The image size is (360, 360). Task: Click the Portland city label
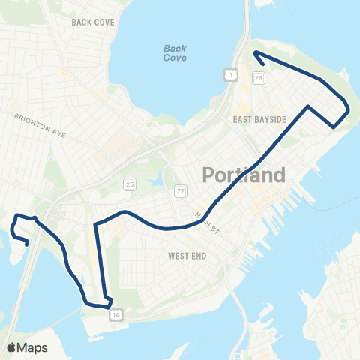[x=244, y=175]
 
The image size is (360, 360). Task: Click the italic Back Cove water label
[x=175, y=52]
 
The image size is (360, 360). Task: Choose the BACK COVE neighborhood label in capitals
[x=93, y=22]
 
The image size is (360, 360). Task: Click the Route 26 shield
[x=259, y=77]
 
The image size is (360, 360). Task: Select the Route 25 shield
[x=130, y=184]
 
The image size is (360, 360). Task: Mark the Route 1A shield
[x=115, y=316]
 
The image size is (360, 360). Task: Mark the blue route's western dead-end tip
[x=28, y=244]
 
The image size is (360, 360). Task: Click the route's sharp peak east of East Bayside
[x=307, y=106]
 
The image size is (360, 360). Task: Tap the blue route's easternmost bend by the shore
[x=349, y=110]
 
